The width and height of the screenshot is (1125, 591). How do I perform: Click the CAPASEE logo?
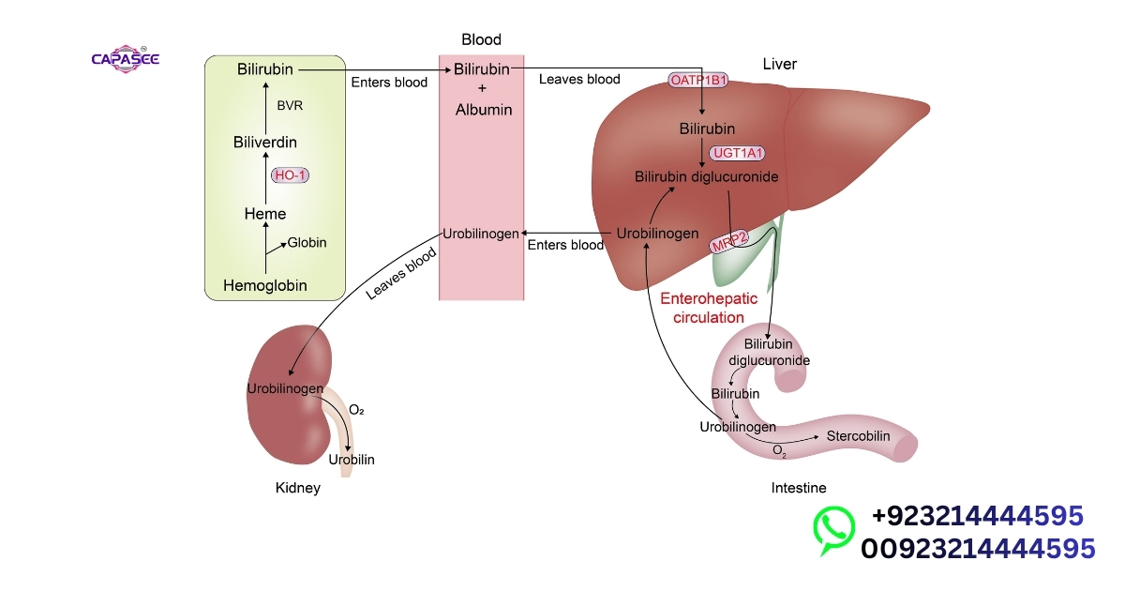[x=126, y=58]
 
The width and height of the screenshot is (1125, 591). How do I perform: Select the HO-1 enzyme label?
[x=291, y=175]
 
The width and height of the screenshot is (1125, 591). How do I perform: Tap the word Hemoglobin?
[x=265, y=284]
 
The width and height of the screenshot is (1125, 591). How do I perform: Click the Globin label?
[x=307, y=242]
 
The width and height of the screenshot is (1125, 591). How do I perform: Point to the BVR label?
[x=290, y=105]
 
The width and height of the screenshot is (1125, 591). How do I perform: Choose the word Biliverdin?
[x=265, y=142]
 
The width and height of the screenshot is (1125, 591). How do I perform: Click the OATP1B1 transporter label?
[x=698, y=81]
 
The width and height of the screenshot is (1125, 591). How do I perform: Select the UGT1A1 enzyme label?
[x=738, y=152]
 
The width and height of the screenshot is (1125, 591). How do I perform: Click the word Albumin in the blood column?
[x=483, y=110]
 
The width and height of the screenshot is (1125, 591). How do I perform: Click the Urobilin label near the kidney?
[x=352, y=459]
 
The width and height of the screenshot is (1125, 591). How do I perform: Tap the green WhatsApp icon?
[x=833, y=529]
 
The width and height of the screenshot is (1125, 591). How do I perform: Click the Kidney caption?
[x=297, y=488]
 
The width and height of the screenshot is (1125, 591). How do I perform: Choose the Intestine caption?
[x=799, y=488]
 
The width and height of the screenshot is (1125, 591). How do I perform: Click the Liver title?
[x=780, y=64]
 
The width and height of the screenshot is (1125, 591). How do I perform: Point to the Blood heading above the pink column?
[x=481, y=39]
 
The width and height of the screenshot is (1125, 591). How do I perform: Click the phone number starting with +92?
[x=977, y=516]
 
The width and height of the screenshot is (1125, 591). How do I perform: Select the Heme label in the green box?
[x=265, y=214]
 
